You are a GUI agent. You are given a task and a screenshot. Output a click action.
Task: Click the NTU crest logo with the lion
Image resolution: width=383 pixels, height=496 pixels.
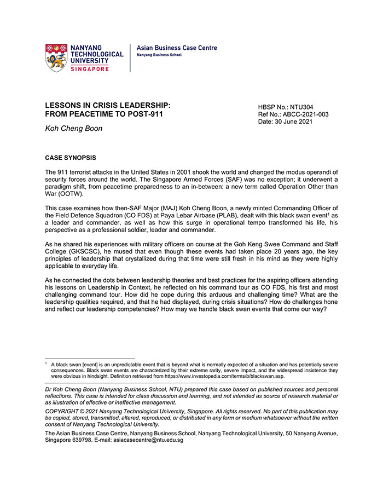coord(56,57)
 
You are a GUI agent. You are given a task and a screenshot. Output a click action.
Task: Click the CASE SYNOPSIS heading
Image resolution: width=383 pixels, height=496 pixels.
coord(70,158)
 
